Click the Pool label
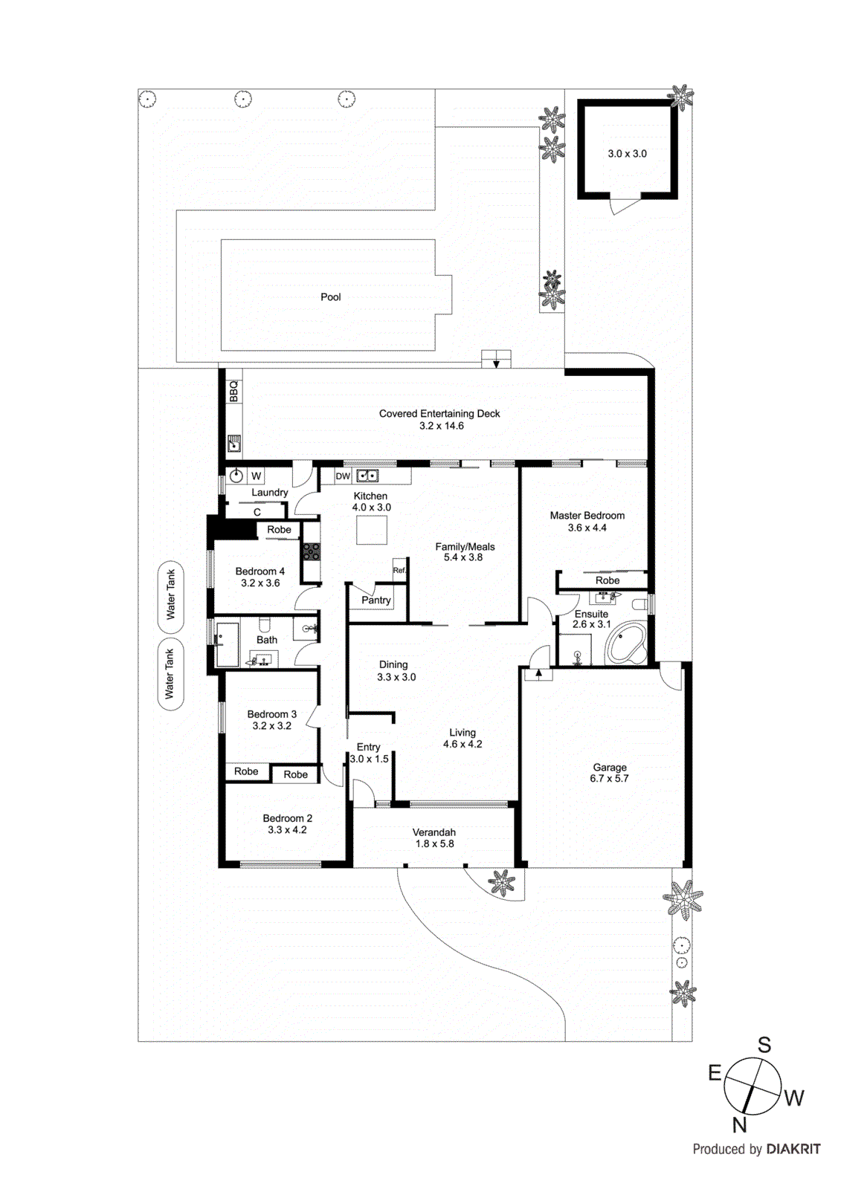pyautogui.click(x=330, y=297)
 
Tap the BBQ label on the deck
pyautogui.click(x=233, y=392)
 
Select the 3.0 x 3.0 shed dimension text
pyautogui.click(x=627, y=154)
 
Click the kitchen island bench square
pyautogui.click(x=371, y=530)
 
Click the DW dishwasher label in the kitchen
pyautogui.click(x=343, y=476)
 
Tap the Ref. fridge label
pyautogui.click(x=399, y=570)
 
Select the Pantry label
pyautogui.click(x=376, y=600)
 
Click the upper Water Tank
pyautogui.click(x=170, y=594)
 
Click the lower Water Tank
pyautogui.click(x=170, y=674)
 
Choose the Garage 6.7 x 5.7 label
pyautogui.click(x=609, y=773)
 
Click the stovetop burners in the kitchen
pyautogui.click(x=310, y=551)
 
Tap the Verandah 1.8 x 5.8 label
pyautogui.click(x=434, y=838)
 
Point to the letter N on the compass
pyautogui.click(x=738, y=1124)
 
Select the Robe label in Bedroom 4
pyautogui.click(x=279, y=530)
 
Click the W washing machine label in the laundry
pyautogui.click(x=256, y=476)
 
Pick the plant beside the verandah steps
pyautogui.click(x=502, y=883)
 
